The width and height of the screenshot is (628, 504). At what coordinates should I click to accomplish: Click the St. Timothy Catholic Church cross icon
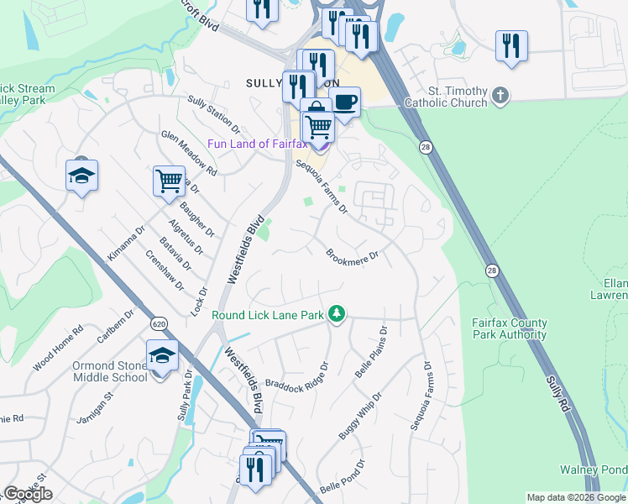point(501,94)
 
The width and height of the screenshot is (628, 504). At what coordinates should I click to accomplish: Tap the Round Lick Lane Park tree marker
point(337,314)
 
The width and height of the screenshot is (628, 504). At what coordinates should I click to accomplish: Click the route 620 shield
point(158,323)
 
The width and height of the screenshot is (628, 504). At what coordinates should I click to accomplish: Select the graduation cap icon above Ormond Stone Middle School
point(162,356)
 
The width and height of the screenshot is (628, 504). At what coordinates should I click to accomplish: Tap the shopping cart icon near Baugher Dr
point(170,181)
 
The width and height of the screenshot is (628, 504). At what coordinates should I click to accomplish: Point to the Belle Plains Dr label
point(369,351)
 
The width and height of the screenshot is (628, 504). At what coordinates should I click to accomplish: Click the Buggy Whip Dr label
point(359,415)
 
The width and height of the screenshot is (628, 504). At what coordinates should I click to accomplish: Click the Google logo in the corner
point(28,494)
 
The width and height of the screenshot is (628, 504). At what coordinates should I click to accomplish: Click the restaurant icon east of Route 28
point(510,46)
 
